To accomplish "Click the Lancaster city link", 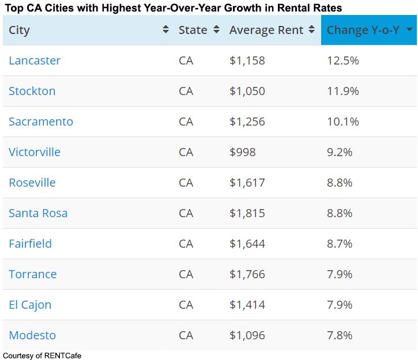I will pos(35,60).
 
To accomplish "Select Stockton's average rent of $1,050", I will pos(247,91).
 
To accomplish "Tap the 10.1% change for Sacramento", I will pos(342,122).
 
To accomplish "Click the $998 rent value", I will pos(242,152).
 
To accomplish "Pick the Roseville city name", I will pos(32,183).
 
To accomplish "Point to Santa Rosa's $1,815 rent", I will pos(247,213).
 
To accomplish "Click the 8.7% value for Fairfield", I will pos(340,244).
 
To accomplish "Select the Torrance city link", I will pos(33,274).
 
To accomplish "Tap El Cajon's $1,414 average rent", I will pos(247,305).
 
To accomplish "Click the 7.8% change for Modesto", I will pos(340,335).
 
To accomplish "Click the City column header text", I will pos(19,30).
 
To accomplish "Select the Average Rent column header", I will pos(266,30).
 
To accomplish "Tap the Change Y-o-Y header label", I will pos(363,30).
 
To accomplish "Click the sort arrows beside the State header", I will pos(216,30).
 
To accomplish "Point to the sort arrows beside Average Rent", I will pos(312,30).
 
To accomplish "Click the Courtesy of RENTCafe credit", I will pos(42,355).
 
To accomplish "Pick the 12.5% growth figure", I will pos(342,60).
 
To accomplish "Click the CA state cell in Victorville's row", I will pos(186,152).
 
